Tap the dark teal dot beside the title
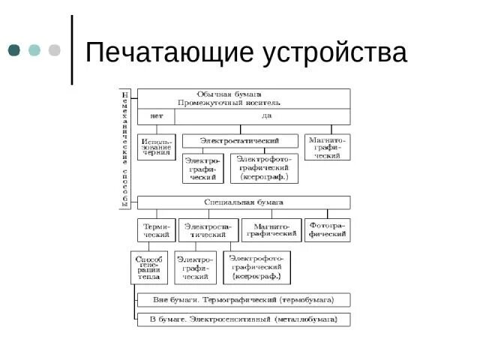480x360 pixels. tap(14, 50)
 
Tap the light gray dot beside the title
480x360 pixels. tap(54, 50)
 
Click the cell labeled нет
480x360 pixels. tap(156, 116)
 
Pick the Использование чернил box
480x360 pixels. tap(156, 147)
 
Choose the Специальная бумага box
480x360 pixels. tap(243, 202)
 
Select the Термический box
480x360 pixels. tap(156, 229)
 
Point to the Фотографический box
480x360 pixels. tap(328, 229)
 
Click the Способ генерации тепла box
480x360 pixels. tap(148, 267)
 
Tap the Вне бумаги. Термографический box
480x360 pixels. tap(243, 299)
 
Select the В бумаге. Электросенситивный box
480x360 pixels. tap(243, 319)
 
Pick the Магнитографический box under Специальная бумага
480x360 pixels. tap(271, 229)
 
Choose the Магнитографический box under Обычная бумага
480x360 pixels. tap(328, 146)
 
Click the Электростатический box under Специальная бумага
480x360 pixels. tap(208, 229)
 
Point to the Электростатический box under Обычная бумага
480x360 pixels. tap(241, 140)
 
